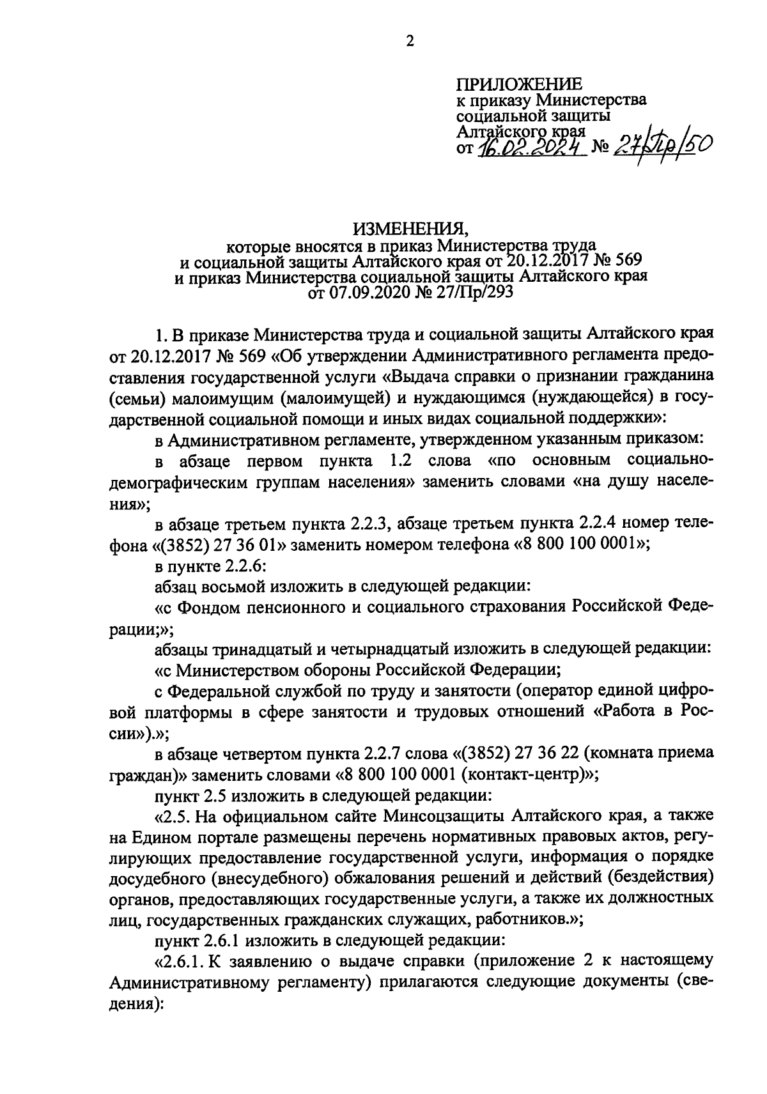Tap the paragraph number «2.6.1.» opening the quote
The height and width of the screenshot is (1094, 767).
182,961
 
